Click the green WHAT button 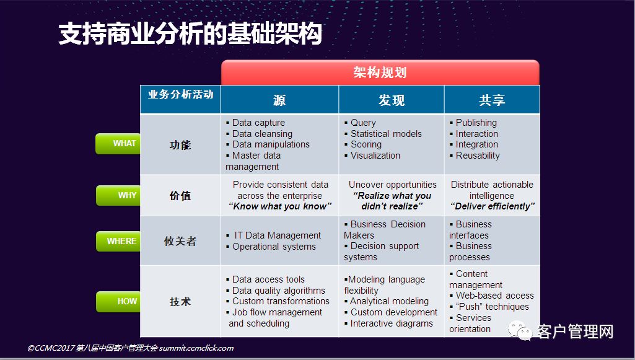118,144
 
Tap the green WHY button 118,195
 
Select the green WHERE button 118,242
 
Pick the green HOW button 118,301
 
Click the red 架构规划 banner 380,72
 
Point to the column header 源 279,100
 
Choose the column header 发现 391,100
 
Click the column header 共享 492,100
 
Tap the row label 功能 180,145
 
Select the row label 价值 180,196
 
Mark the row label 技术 180,302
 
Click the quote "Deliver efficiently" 493,206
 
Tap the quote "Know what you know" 280,206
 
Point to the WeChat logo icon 520,330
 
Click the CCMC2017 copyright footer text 130,348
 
